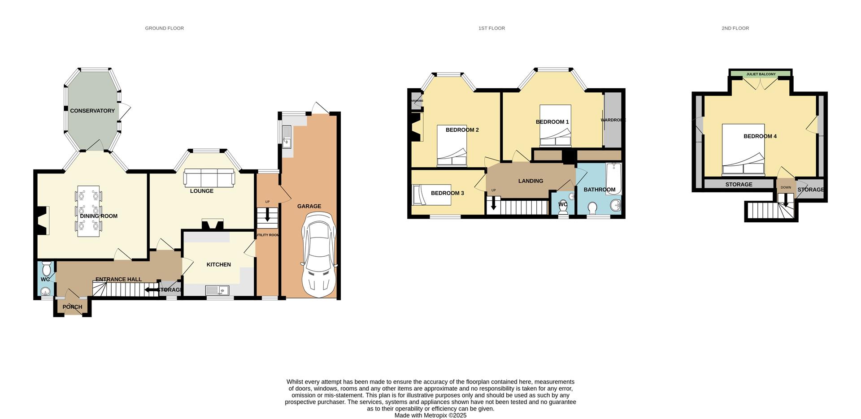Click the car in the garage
coord(319,255)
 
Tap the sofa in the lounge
coord(209,177)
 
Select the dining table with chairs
coord(88,211)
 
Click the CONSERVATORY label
coord(92,111)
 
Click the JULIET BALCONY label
coord(761,74)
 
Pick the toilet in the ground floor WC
coord(46,270)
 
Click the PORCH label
coord(72,307)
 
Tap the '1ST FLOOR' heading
coord(491,28)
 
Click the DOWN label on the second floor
coord(786,187)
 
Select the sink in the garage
coord(287,137)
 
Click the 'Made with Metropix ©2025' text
coord(430,415)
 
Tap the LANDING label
coord(531,181)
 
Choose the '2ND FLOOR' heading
coord(735,28)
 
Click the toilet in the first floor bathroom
coord(592,208)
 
